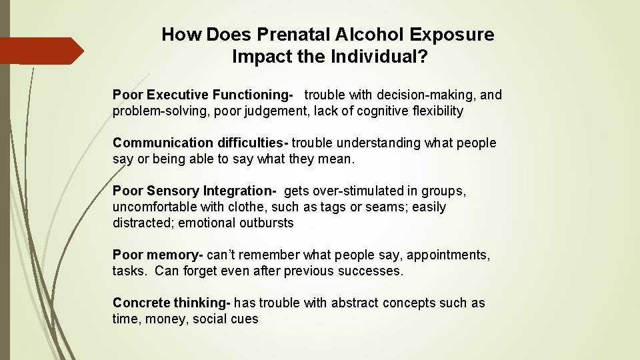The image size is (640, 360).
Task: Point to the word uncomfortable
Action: [x=151, y=207]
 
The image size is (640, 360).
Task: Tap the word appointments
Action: [x=448, y=255]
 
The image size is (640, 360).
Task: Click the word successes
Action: [x=371, y=271]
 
